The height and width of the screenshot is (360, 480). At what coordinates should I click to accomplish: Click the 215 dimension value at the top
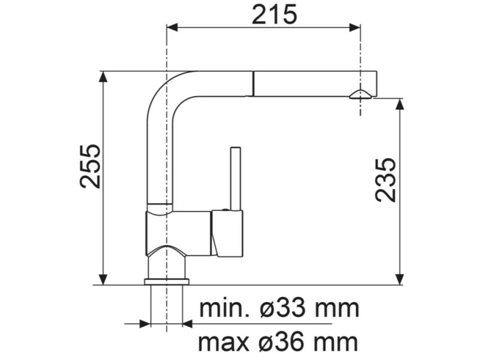pos(274,14)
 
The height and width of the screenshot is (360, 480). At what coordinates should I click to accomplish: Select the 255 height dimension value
pos(91,166)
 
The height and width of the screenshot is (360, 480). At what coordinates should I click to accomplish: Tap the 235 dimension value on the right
pos(385,179)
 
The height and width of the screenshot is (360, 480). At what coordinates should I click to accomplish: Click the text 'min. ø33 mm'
pos(278,308)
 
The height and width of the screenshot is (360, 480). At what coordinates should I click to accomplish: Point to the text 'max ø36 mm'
pos(278,343)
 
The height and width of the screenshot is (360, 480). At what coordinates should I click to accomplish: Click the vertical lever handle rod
pos(236,178)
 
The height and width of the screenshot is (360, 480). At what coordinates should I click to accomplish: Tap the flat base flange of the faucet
pos(167,282)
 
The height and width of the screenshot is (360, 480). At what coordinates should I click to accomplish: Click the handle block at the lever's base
pos(227,233)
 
